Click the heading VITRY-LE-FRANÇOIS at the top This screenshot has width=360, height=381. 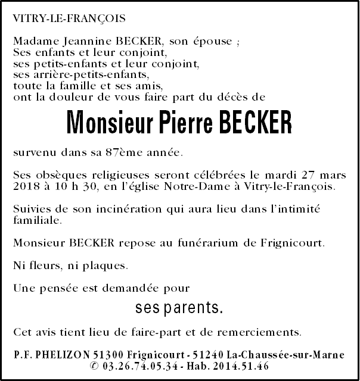69,18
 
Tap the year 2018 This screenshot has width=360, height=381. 27,186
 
